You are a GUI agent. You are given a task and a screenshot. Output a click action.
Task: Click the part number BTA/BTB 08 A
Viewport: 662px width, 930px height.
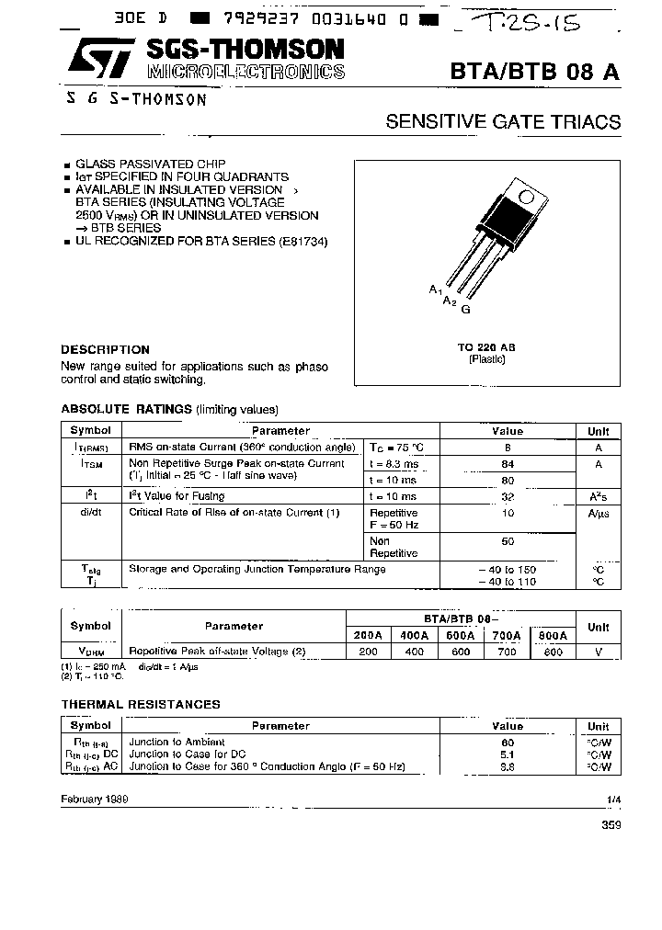pos(535,74)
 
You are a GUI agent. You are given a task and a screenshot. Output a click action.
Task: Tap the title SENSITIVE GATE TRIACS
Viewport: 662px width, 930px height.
pos(503,122)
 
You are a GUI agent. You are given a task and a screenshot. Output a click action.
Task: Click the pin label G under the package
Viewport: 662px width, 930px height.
pos(466,310)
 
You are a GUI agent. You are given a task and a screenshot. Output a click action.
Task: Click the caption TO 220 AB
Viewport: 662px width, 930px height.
pos(486,346)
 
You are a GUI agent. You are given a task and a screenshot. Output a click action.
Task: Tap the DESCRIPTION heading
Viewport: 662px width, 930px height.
pos(105,349)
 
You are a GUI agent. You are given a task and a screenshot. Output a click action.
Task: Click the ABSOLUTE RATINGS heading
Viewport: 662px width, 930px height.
pos(126,409)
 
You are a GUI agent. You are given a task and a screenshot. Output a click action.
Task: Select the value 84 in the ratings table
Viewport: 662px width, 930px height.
pos(507,464)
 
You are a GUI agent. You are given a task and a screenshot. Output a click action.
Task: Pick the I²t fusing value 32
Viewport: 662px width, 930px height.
pos(507,494)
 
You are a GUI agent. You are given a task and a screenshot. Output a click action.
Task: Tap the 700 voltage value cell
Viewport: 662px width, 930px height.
pos(504,652)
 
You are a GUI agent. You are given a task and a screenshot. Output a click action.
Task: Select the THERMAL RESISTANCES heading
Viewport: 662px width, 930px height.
pos(141,704)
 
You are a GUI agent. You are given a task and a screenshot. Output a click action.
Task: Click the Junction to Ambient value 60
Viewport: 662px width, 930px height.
pos(507,742)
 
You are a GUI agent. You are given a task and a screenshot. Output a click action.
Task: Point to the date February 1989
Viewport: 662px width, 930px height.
pos(95,799)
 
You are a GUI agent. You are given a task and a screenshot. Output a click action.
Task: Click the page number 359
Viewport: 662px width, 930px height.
pos(611,825)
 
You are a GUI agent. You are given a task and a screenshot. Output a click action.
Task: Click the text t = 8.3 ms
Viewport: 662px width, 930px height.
pos(393,464)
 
